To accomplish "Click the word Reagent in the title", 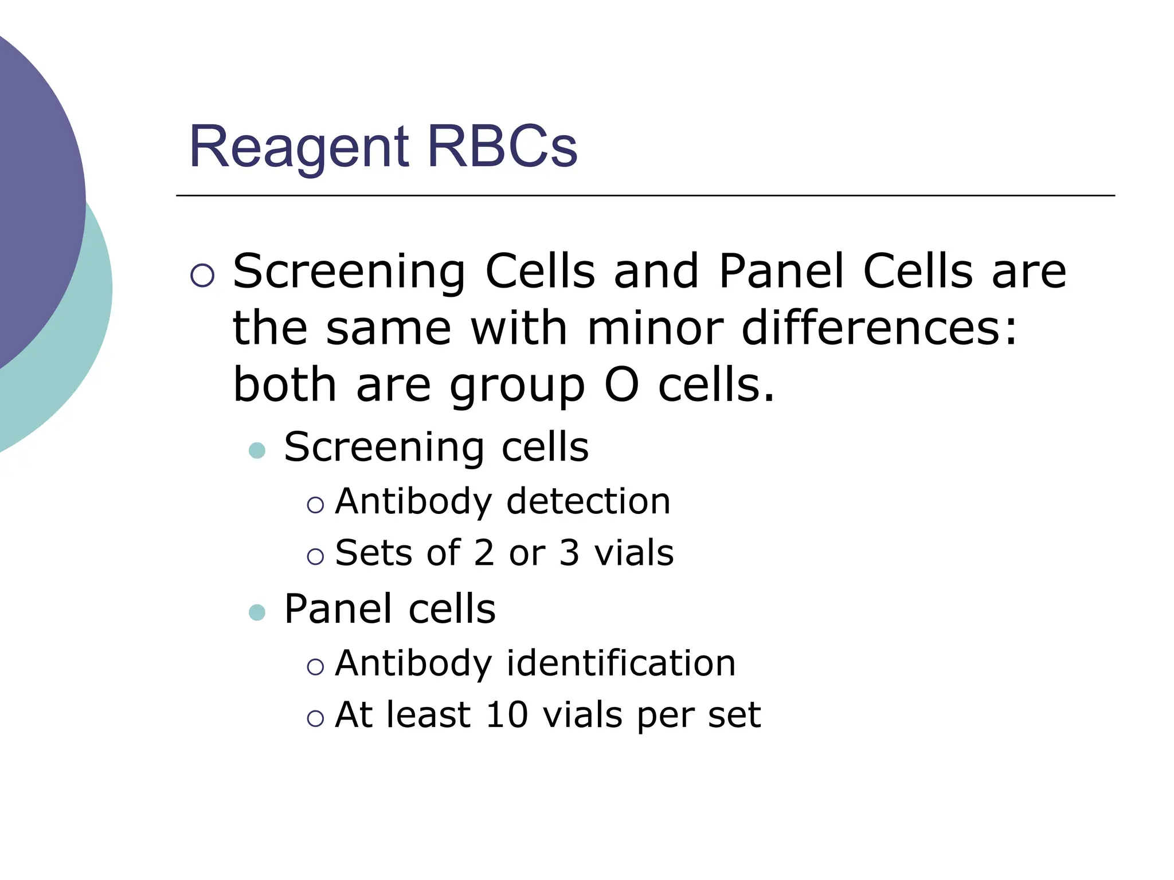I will (x=299, y=148).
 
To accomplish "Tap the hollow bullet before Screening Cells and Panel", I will (x=202, y=276).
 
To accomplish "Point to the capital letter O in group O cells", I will (x=621, y=385).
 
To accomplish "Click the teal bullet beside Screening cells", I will (x=257, y=450).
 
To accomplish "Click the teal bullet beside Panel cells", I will (x=257, y=612).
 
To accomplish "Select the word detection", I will (x=588, y=501).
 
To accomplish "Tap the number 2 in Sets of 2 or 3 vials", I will (x=484, y=553).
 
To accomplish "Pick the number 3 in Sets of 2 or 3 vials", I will (x=569, y=553).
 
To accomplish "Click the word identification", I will (x=621, y=663).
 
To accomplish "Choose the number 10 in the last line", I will (x=506, y=715).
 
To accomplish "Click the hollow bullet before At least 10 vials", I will (x=315, y=718).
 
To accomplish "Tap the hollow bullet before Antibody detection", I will (x=315, y=505).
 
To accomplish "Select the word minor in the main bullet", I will (x=655, y=329).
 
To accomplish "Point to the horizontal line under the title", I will (x=645, y=195).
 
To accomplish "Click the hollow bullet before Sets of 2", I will (x=315, y=556).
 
